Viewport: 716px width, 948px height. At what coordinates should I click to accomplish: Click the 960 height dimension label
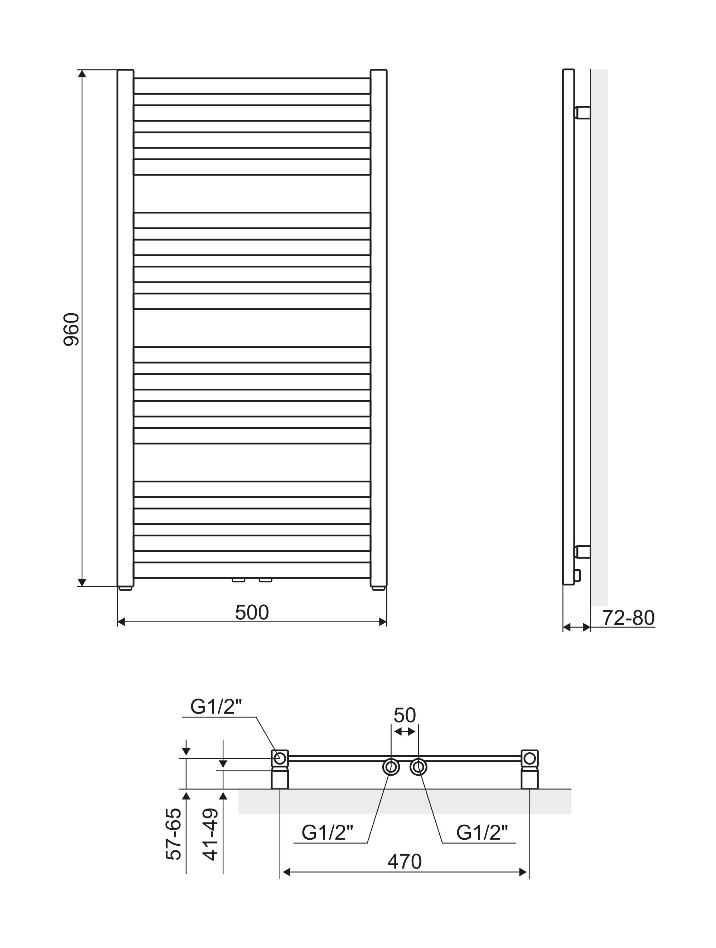click(71, 330)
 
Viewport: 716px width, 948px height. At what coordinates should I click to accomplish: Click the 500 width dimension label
click(252, 613)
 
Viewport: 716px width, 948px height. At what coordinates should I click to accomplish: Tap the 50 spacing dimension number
click(405, 715)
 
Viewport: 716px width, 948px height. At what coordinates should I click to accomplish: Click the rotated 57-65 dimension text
click(174, 834)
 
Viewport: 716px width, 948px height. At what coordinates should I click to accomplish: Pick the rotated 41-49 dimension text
click(211, 834)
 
